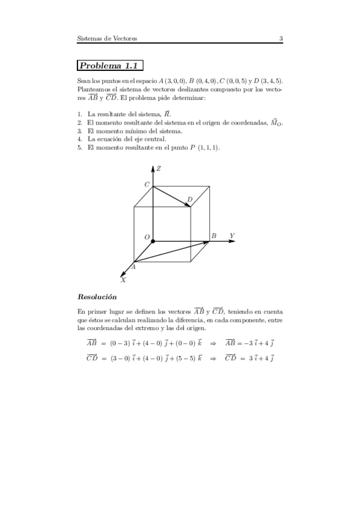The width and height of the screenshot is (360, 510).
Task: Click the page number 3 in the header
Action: pos(281,39)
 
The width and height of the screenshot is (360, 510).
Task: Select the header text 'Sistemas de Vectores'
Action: pos(108,39)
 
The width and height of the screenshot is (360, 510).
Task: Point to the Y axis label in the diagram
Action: pos(231,235)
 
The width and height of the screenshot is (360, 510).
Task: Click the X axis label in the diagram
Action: pos(123,280)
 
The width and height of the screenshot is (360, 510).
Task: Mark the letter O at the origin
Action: pos(144,236)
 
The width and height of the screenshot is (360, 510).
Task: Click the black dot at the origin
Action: pos(153,241)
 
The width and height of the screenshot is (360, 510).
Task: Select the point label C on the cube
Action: pos(147,183)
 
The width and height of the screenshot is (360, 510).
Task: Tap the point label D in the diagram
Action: pos(190,199)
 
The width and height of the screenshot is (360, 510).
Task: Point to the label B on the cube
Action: pos(213,236)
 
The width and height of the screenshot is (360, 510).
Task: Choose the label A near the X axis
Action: pos(133,266)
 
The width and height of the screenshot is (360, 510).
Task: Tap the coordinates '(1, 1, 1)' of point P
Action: pos(207,147)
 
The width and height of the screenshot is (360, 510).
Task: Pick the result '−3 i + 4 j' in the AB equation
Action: pos(257,343)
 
